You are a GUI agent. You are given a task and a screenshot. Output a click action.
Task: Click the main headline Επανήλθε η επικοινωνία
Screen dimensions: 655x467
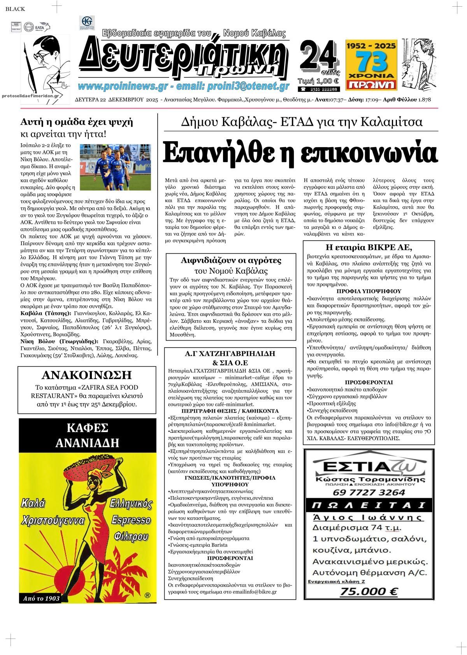tap(300, 153)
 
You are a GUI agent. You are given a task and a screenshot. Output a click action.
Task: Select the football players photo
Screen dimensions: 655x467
tap(107, 166)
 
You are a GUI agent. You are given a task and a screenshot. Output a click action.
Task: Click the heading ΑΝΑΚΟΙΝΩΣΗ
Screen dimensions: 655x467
tap(86, 375)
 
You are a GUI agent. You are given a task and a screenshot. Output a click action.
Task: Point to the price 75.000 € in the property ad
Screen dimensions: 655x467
tap(368, 592)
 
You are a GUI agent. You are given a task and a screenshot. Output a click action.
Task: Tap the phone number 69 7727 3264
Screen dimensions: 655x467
tap(369, 492)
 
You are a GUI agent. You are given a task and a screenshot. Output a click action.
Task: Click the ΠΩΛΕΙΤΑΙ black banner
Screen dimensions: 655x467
tap(369, 506)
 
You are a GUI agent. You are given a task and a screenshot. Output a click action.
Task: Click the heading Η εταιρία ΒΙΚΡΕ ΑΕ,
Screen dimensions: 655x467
tap(368, 248)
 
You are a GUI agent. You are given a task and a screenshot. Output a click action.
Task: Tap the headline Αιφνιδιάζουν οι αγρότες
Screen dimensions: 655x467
tap(231, 260)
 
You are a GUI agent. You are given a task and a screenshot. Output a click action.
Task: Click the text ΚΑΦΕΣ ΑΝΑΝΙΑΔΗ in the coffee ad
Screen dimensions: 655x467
tap(87, 435)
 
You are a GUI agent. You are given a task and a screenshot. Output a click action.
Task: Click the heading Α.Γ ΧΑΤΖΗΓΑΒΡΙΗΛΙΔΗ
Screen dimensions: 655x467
tap(230, 354)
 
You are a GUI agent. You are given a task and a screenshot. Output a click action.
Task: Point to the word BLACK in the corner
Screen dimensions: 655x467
tap(15, 9)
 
